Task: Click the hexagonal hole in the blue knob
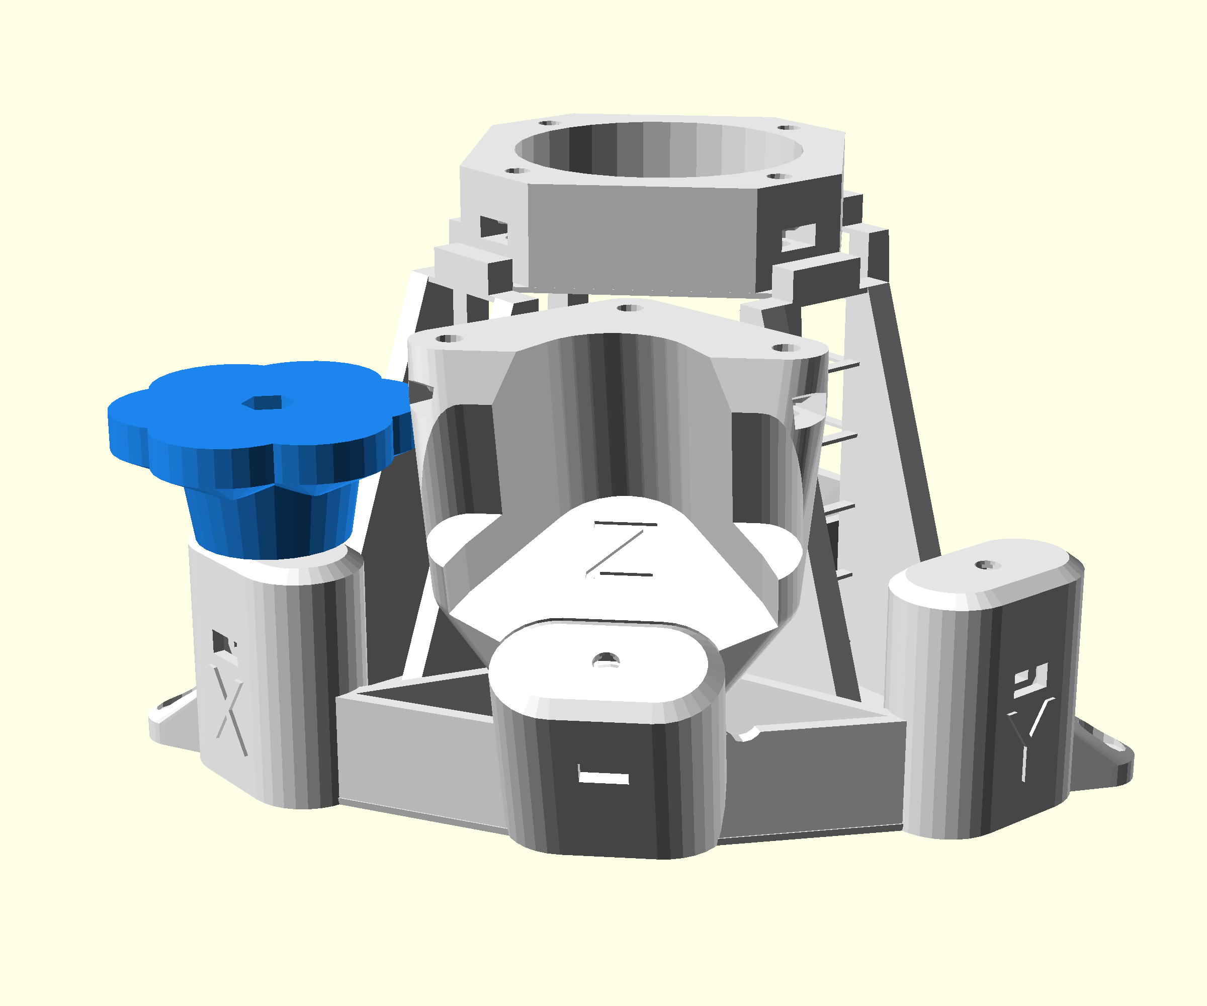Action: click(x=268, y=402)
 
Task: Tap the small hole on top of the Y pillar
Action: click(x=987, y=565)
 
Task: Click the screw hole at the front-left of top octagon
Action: click(x=515, y=171)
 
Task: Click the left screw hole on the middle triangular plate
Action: click(x=449, y=339)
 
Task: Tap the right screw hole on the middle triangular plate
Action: click(x=786, y=348)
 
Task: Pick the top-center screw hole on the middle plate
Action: click(x=629, y=308)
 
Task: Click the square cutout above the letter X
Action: click(x=222, y=642)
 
